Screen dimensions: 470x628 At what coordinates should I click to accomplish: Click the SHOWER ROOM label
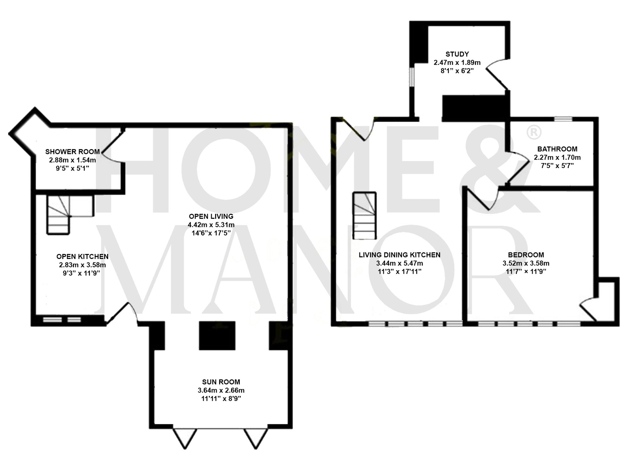click(73, 152)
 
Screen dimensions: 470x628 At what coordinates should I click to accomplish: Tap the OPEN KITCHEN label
click(82, 256)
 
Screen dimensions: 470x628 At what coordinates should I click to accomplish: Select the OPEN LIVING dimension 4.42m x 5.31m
click(211, 225)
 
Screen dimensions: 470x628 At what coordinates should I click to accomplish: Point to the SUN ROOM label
click(221, 382)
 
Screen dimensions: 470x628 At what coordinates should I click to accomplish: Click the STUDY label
click(457, 54)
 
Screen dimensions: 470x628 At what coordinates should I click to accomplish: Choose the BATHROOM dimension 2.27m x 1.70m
click(557, 157)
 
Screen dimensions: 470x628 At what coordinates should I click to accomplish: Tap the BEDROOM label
click(526, 255)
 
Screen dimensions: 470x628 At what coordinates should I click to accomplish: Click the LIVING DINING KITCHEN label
click(399, 255)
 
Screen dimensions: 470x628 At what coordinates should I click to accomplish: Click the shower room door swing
click(111, 147)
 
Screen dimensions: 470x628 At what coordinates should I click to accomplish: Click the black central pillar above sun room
click(217, 335)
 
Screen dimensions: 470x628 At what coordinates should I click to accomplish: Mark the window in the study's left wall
click(411, 77)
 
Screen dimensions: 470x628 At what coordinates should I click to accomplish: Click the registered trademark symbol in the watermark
click(533, 133)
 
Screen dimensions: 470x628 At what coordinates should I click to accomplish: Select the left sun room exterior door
click(185, 438)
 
